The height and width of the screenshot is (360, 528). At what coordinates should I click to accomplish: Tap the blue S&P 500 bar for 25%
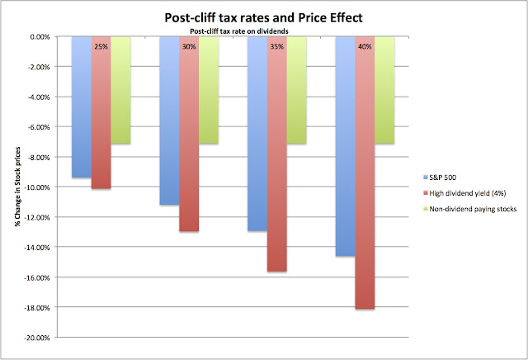coord(81,107)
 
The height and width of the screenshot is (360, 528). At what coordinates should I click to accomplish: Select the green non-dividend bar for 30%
coord(209,91)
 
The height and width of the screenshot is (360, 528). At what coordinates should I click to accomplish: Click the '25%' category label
coord(101,46)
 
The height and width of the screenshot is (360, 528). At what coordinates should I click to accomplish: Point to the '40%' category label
coord(365,46)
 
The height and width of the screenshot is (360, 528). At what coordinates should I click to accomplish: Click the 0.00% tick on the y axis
coord(39,37)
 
